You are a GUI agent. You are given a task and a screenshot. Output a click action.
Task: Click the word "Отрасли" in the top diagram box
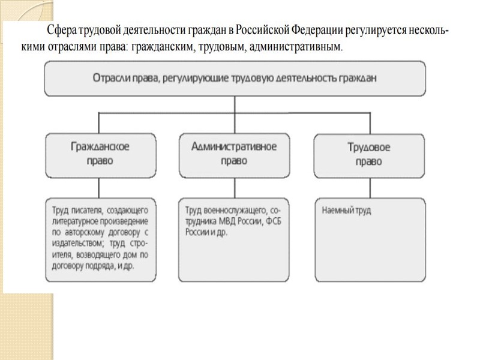(x=112, y=78)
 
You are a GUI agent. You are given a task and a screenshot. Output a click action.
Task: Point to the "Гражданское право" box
(x=100, y=154)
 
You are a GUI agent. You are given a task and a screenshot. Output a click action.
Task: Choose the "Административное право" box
(x=234, y=154)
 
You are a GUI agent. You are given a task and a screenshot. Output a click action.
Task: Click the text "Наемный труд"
(x=346, y=211)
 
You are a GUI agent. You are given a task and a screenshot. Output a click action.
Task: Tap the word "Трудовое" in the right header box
(x=369, y=147)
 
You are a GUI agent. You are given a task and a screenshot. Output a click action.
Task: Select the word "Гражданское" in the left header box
(x=100, y=146)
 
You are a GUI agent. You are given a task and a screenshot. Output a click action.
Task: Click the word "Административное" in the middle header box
(x=234, y=146)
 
